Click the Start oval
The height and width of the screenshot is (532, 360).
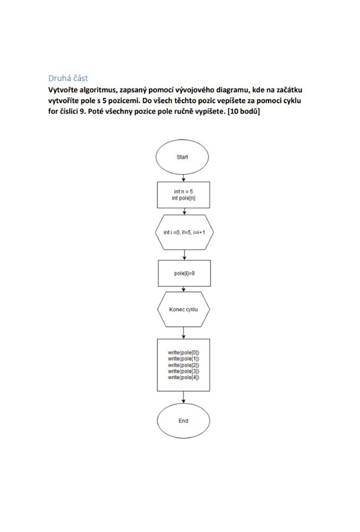tap(182, 157)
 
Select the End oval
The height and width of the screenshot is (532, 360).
tap(183, 421)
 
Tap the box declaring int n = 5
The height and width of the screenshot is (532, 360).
tap(183, 195)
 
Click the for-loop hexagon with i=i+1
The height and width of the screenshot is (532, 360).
tap(184, 232)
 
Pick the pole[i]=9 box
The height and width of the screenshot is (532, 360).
tap(185, 273)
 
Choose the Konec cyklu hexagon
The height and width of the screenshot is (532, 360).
tap(183, 310)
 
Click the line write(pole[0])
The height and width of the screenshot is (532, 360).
tap(183, 353)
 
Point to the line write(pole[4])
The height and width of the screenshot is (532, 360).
tap(183, 377)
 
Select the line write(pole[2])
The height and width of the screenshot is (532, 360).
tap(183, 365)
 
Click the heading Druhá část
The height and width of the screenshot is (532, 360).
tap(68, 78)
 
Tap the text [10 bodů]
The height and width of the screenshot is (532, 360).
tap(244, 111)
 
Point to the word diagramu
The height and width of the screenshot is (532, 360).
tap(233, 90)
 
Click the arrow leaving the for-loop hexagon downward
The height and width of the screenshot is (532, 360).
tap(185, 255)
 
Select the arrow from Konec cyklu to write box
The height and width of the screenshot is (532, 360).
tap(183, 333)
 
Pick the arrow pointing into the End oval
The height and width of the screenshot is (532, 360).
tap(183, 397)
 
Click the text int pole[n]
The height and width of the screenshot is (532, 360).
tap(183, 198)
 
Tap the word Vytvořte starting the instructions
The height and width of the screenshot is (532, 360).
tap(63, 90)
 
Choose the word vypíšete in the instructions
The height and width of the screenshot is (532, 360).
tap(209, 112)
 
